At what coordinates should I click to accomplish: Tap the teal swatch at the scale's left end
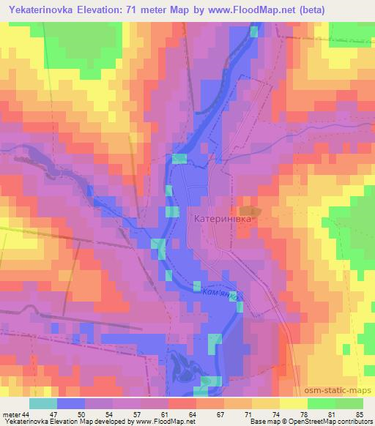click(43, 403)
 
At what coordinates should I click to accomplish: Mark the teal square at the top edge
click(254, 31)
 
